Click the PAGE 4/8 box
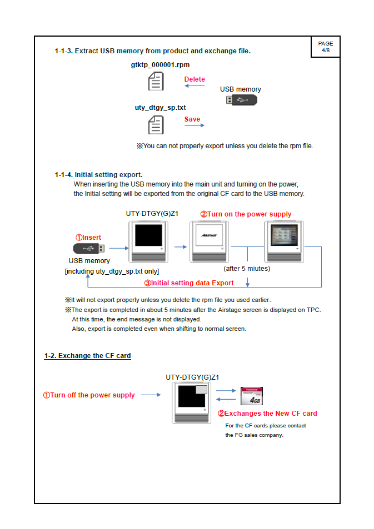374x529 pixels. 325,47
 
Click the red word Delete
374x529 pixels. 195,79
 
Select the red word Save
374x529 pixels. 192,119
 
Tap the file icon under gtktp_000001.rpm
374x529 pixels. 156,82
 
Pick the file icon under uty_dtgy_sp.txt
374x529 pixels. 156,124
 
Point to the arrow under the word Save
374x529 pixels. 194,126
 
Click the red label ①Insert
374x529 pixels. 88,238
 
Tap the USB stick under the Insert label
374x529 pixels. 87,248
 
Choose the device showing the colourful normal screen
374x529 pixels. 283,241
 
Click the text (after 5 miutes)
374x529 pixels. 247,269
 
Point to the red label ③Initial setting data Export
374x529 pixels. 189,283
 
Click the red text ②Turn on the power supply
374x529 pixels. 246,214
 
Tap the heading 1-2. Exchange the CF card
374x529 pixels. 88,355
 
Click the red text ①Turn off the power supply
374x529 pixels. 89,395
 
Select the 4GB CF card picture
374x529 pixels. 251,396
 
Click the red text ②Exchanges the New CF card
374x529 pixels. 267,414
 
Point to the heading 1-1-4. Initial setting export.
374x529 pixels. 98,175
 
